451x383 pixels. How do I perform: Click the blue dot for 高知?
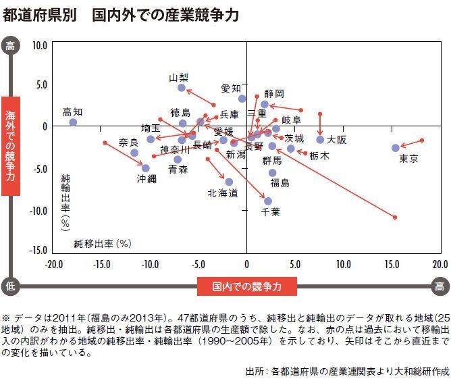73,122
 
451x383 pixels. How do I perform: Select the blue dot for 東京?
396,148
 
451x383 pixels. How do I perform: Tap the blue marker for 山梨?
182,88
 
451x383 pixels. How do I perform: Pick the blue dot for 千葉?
268,201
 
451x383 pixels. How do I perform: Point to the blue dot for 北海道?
229,182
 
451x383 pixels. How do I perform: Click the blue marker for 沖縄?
146,168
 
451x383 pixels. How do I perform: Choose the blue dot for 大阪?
320,140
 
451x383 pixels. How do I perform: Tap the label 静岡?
274,93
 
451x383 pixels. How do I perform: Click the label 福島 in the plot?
280,182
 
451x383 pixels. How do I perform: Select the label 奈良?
128,142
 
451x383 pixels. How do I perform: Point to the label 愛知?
231,88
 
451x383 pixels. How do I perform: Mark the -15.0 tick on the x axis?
101,264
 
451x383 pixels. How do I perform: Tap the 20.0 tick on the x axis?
440,264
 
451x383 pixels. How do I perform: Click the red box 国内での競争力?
248,287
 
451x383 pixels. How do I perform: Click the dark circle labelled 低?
10,287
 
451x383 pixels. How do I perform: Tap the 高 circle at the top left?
10,45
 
